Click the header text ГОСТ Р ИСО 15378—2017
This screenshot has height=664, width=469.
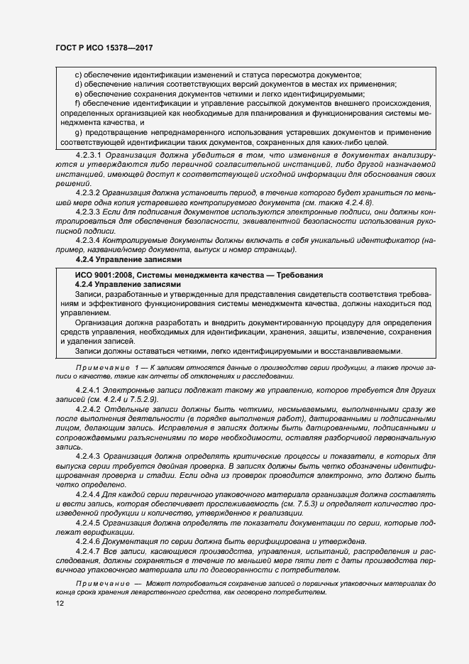pyautogui.click(x=105, y=48)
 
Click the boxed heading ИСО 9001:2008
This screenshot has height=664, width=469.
pyautogui.click(x=199, y=275)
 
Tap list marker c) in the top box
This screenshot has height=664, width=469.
pyautogui.click(x=78, y=75)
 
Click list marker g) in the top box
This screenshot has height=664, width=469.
pyautogui.click(x=78, y=132)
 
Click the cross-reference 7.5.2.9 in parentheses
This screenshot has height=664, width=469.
pyautogui.click(x=141, y=400)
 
